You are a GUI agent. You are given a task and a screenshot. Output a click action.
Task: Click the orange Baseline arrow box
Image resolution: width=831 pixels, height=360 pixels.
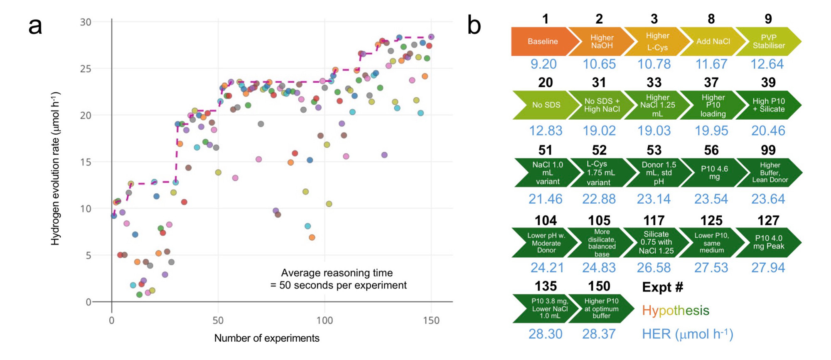pyautogui.click(x=543, y=42)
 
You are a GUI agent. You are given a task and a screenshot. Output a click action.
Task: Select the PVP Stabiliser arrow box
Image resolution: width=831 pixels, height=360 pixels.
pyautogui.click(x=768, y=42)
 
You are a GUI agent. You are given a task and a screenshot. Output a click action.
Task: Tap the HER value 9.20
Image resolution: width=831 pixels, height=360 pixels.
pyautogui.click(x=543, y=64)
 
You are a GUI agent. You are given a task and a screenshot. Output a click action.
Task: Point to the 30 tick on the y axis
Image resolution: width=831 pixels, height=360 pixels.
pyautogui.click(x=86, y=22)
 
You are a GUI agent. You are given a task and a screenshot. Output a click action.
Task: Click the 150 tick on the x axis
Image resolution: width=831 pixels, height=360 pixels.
pyautogui.click(x=431, y=321)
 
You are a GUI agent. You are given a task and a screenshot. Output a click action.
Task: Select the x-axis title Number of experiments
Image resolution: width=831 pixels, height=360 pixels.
pyautogui.click(x=267, y=338)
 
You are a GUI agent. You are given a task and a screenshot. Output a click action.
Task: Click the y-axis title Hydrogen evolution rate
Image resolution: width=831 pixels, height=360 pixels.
pyautogui.click(x=56, y=168)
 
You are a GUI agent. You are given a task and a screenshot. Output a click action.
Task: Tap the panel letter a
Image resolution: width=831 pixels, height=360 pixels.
pyautogui.click(x=35, y=26)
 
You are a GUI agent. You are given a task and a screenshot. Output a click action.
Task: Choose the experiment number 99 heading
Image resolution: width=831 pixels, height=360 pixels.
pyautogui.click(x=768, y=150)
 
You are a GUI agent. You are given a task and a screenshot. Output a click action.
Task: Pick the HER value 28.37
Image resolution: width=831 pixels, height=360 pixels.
pyautogui.click(x=599, y=334)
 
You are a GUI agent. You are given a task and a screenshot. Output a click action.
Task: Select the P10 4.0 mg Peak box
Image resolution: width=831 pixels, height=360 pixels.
pyautogui.click(x=768, y=242)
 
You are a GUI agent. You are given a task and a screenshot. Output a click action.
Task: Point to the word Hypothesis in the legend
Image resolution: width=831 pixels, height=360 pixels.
pyautogui.click(x=676, y=311)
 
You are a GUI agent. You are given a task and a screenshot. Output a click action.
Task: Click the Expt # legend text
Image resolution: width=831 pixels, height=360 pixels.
pyautogui.click(x=662, y=287)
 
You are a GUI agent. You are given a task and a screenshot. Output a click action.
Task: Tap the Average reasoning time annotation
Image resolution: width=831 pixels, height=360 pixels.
pyautogui.click(x=338, y=279)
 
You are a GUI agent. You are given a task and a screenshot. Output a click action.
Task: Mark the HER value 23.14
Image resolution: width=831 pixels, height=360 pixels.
pyautogui.click(x=654, y=199)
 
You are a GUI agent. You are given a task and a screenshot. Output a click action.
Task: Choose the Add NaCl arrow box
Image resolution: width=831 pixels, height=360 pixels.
pyautogui.click(x=713, y=42)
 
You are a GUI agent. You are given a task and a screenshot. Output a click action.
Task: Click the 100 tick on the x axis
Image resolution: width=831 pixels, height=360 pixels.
pyautogui.click(x=325, y=321)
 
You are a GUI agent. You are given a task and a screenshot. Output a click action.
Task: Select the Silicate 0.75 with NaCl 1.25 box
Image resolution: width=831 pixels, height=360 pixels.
pyautogui.click(x=656, y=242)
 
